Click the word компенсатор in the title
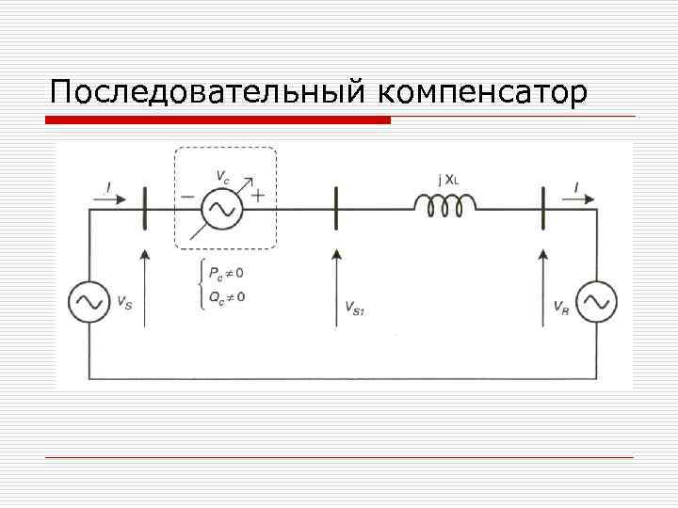[x=484, y=94]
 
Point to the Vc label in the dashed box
[x=222, y=175]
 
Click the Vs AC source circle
[x=89, y=301]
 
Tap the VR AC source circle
[x=596, y=301]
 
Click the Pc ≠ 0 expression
[x=227, y=274]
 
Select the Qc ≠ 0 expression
[x=227, y=297]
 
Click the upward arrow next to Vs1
[x=335, y=287]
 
